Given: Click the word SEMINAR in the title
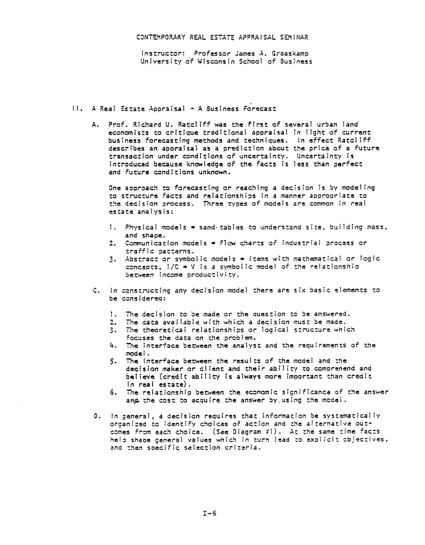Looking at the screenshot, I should tap(294, 38).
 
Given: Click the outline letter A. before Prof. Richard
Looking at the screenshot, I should tap(95, 124).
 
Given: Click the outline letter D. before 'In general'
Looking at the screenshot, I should tap(95, 416).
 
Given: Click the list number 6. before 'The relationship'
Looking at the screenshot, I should tap(113, 392).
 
